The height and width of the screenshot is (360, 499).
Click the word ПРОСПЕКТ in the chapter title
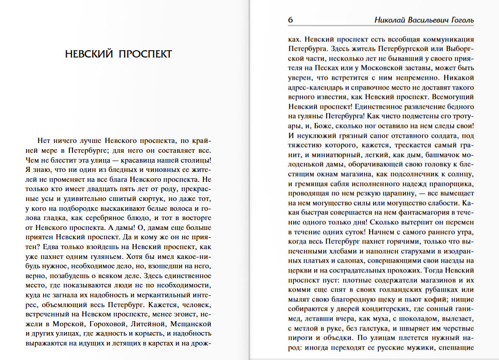pyautogui.click(x=145, y=54)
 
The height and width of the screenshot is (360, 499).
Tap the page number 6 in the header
pyautogui.click(x=290, y=20)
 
